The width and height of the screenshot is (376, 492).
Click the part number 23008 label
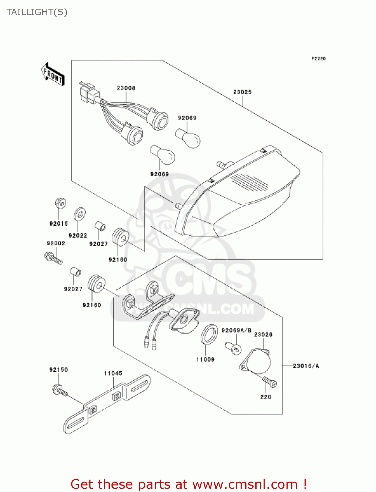point(126,88)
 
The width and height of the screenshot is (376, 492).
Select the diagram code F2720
point(318,59)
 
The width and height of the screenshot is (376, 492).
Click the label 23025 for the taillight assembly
point(242,92)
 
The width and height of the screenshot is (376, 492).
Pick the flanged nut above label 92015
point(60,203)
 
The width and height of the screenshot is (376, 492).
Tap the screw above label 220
point(270,382)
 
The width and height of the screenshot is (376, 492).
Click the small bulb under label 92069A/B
point(233,348)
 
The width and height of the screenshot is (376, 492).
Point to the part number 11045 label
point(113,373)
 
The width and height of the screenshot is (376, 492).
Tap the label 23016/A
point(306,366)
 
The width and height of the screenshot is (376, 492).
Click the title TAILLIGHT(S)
point(37,12)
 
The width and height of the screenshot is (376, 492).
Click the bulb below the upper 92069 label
point(188,138)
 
